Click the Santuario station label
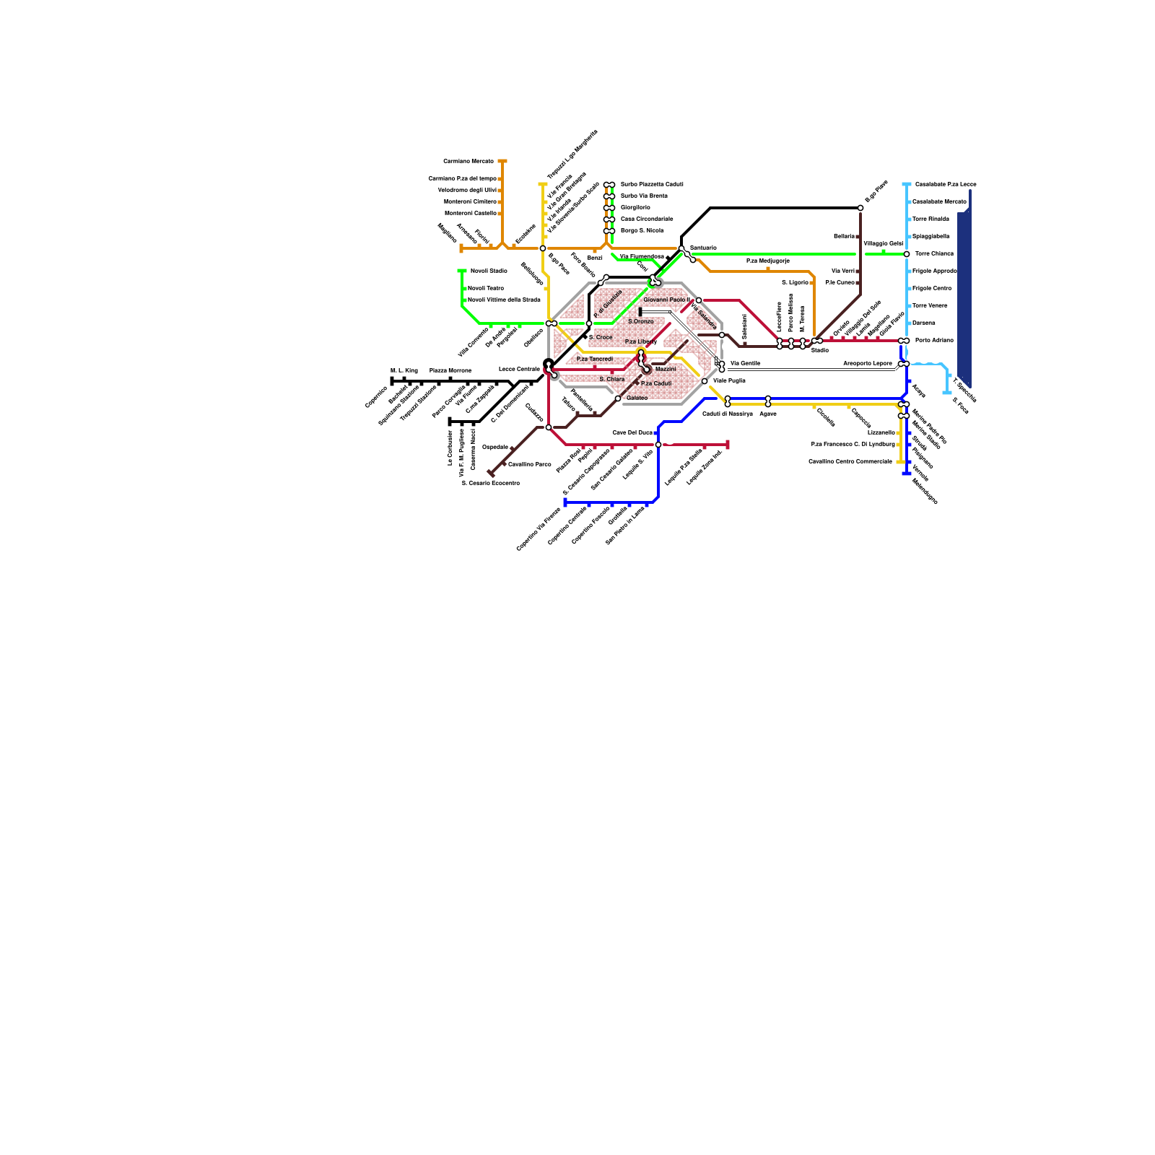703,248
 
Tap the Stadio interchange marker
817,341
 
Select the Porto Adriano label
934,340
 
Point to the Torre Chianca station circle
907,254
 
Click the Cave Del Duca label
632,432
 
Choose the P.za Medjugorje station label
768,261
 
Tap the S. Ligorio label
795,282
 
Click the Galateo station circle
618,398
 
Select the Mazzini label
666,369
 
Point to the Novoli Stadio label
489,271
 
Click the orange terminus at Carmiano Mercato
502,161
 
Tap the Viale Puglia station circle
705,381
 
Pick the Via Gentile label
745,363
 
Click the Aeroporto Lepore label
866,363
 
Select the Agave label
768,414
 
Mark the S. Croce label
601,337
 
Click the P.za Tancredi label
595,359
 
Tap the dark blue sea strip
964,296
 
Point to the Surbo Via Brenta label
644,196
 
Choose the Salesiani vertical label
744,326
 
